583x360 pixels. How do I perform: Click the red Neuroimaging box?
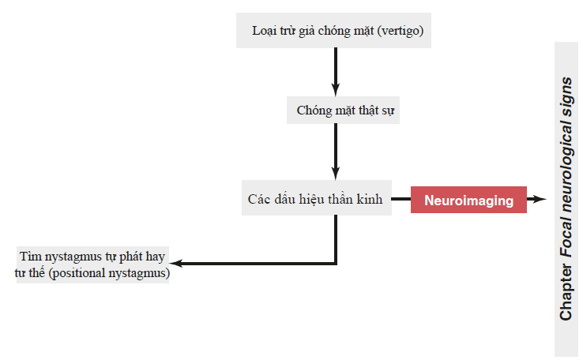tap(468, 200)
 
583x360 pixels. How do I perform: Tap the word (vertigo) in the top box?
tap(400, 31)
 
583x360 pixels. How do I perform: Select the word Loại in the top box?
tap(264, 31)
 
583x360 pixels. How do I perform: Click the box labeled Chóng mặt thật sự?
tap(343, 111)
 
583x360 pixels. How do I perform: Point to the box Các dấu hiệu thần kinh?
tap(317, 198)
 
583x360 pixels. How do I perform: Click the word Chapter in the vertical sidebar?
tap(566, 292)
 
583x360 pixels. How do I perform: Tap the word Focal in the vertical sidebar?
tap(566, 238)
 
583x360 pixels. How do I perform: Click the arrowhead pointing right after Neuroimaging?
tap(538, 199)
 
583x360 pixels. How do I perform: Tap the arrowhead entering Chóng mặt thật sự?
tap(336, 89)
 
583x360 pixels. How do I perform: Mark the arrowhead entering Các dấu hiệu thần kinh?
tap(336, 173)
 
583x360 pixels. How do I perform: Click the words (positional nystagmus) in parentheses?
tap(109, 273)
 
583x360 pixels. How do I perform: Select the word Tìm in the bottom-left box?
tap(30, 257)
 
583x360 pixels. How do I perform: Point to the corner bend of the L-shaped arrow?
tap(336, 264)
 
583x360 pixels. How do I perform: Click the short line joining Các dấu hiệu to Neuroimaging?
tap(401, 199)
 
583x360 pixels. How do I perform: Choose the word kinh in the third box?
tap(369, 199)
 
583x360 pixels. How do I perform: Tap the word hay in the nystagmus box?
tap(155, 257)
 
